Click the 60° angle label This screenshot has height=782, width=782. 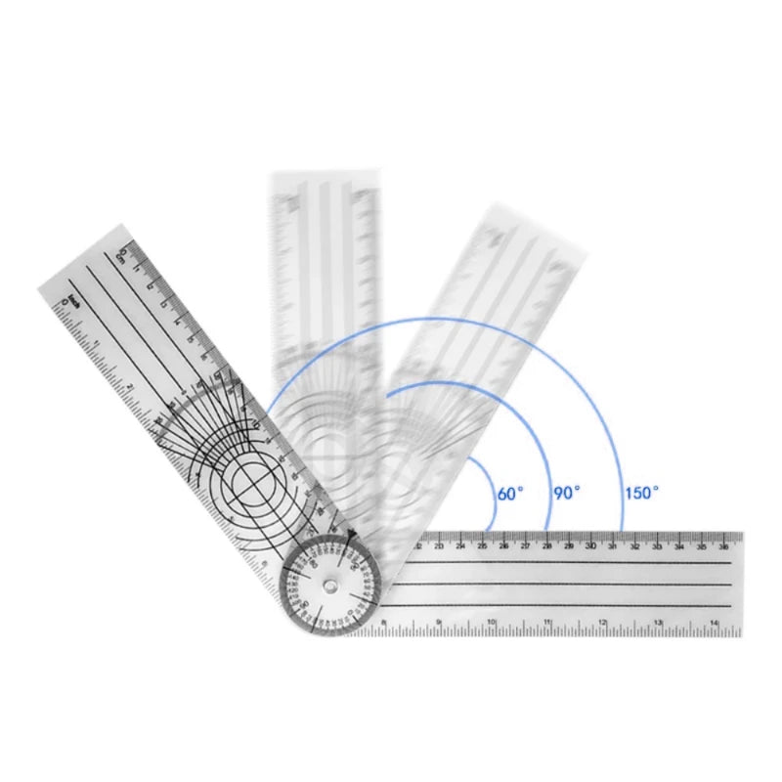coord(510,494)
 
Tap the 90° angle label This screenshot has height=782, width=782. coord(567,494)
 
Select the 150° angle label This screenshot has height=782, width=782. coord(641,494)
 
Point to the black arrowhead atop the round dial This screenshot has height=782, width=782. coord(350,534)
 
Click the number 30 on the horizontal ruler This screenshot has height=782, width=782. coord(589,546)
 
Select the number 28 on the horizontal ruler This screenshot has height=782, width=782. coord(546,546)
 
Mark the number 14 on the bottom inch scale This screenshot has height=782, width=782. coord(715,622)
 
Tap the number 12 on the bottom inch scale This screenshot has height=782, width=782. coord(603,622)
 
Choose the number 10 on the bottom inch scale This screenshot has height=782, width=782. coord(493,622)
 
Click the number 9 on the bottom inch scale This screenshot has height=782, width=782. coord(438,622)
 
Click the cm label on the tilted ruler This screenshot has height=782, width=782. coord(120,256)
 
